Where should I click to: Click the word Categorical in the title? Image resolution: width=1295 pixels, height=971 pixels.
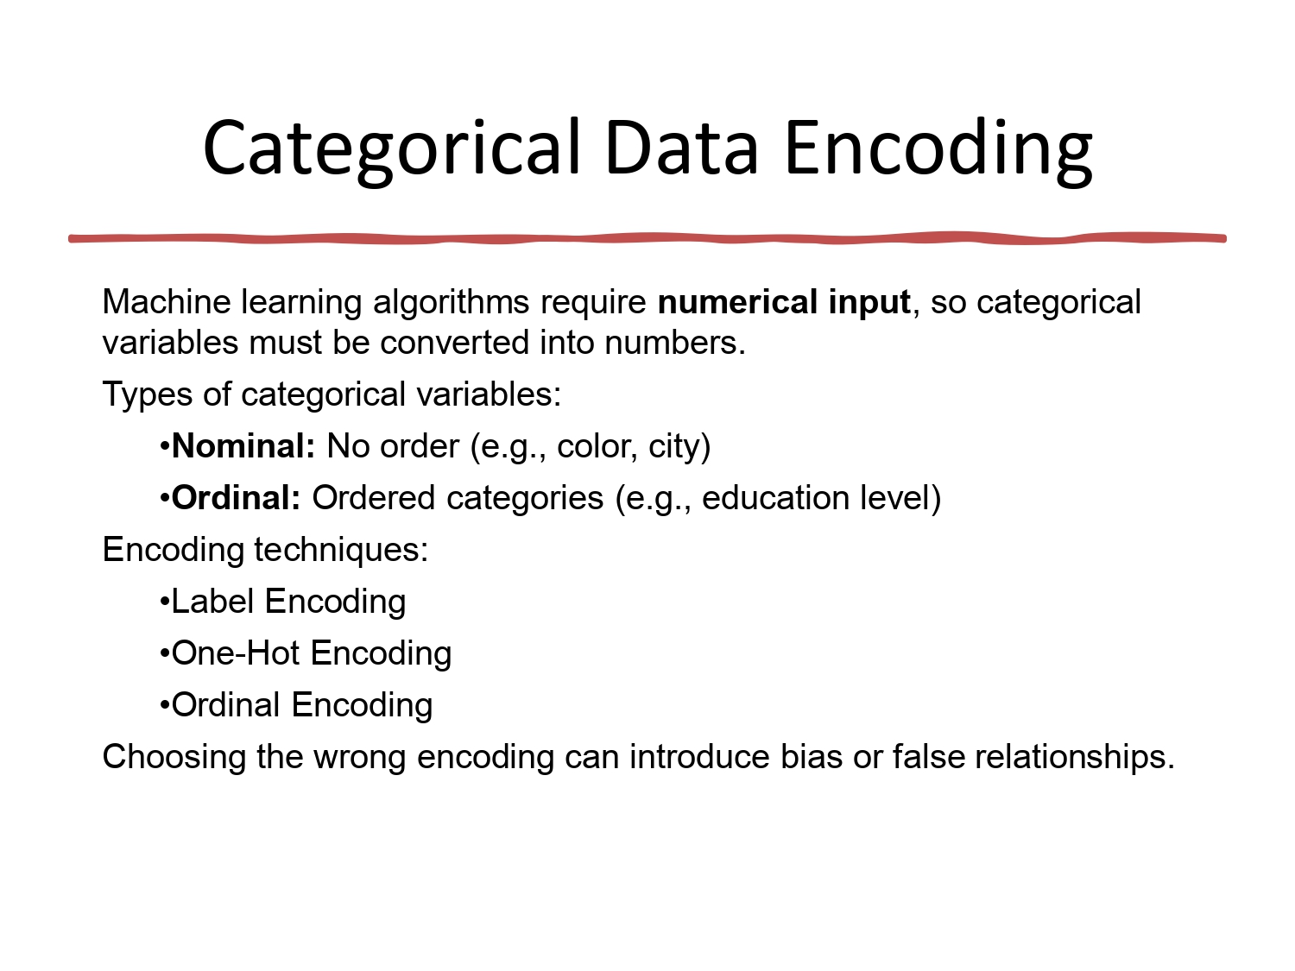tap(392, 148)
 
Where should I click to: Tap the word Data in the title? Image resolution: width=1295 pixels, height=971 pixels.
tap(681, 148)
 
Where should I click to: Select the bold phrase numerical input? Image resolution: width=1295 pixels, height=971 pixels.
tap(784, 302)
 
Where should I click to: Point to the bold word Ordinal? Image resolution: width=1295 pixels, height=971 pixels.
tap(237, 498)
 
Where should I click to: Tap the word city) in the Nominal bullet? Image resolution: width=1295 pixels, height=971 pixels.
tap(679, 446)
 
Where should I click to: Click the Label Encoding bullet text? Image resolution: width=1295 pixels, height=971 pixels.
tap(288, 602)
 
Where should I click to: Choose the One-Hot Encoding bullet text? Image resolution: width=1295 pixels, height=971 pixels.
tap(311, 653)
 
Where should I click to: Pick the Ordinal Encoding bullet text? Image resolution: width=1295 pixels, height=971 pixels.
tap(301, 705)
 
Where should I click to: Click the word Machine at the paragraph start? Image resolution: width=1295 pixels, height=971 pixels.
tap(167, 302)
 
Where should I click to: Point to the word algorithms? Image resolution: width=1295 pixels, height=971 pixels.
tap(452, 302)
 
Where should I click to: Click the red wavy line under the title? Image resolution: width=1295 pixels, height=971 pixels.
tap(647, 238)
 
